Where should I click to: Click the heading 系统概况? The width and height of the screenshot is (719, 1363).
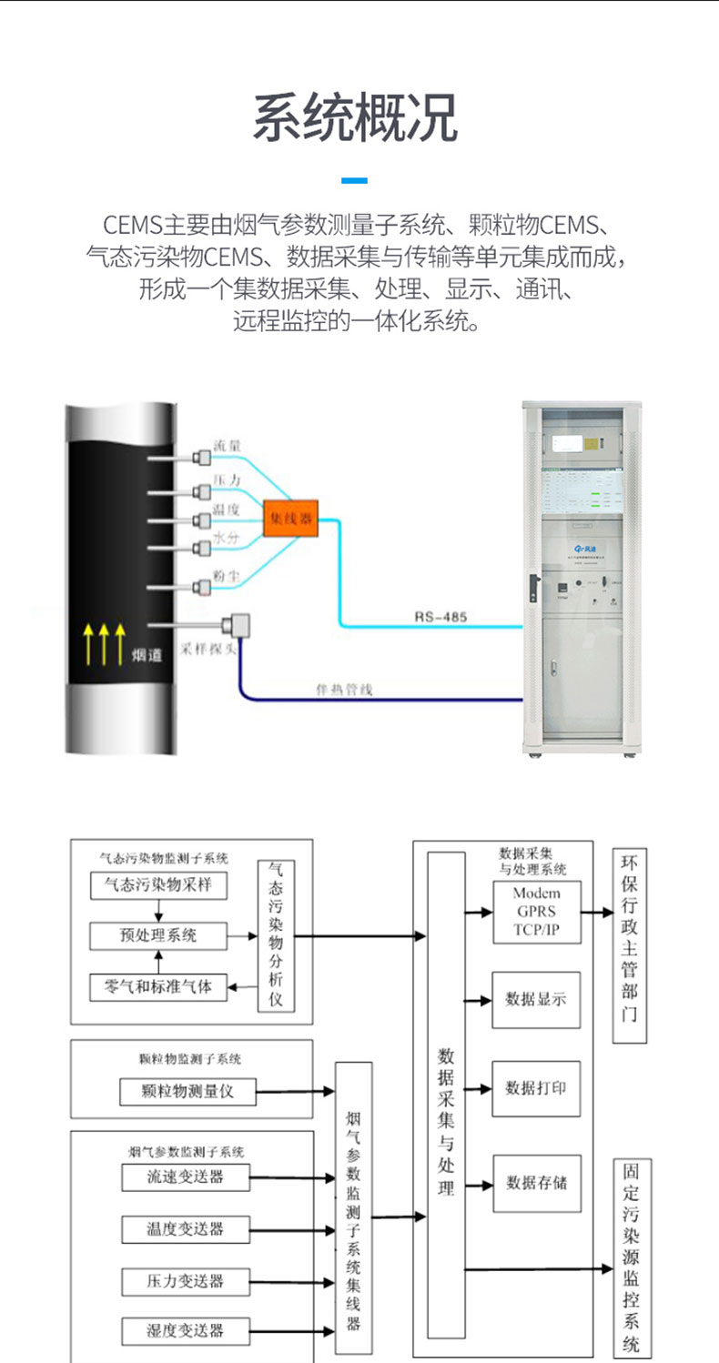[355, 118]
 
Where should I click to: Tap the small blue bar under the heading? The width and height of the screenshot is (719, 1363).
[355, 180]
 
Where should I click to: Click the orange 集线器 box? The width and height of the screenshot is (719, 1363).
[289, 518]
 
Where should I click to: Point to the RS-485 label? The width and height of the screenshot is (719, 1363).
[441, 617]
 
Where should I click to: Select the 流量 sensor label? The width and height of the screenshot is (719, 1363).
[227, 446]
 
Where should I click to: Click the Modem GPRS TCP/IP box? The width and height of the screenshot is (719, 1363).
[536, 912]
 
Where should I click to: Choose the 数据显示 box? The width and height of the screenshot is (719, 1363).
[536, 998]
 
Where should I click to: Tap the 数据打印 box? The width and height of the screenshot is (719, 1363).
[536, 1087]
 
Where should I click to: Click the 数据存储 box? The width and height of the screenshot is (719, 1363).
[536, 1183]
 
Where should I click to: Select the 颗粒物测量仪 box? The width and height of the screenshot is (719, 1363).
[187, 1091]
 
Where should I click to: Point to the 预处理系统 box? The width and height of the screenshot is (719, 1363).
[158, 934]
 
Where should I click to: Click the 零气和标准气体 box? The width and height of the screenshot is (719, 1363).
[158, 986]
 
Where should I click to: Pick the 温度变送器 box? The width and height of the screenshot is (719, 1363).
[185, 1228]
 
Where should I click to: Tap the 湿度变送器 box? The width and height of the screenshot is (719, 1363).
[185, 1330]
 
